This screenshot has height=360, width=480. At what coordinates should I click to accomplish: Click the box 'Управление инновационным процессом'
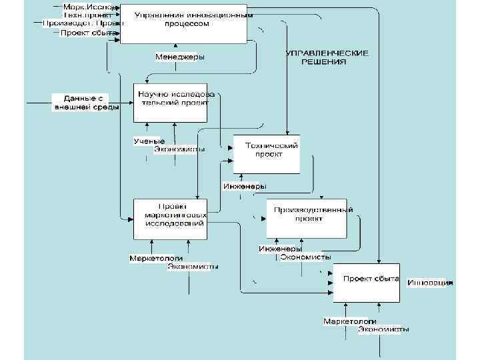pyautogui.click(x=183, y=23)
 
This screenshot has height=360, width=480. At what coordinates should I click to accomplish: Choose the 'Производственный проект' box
pyautogui.click(x=307, y=217)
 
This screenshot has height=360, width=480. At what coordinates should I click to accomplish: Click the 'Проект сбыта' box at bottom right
pyautogui.click(x=367, y=283)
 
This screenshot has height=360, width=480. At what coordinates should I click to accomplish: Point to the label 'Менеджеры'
pyautogui.click(x=179, y=57)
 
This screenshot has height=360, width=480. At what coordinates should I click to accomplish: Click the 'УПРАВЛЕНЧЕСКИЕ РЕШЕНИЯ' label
pyautogui.click(x=327, y=57)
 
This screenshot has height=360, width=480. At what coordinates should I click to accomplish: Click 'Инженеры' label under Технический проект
pyautogui.click(x=245, y=186)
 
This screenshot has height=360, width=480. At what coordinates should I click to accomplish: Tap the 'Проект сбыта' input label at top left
pyautogui.click(x=89, y=32)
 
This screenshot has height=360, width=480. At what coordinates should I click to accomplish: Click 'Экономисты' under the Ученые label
pyautogui.click(x=179, y=149)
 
